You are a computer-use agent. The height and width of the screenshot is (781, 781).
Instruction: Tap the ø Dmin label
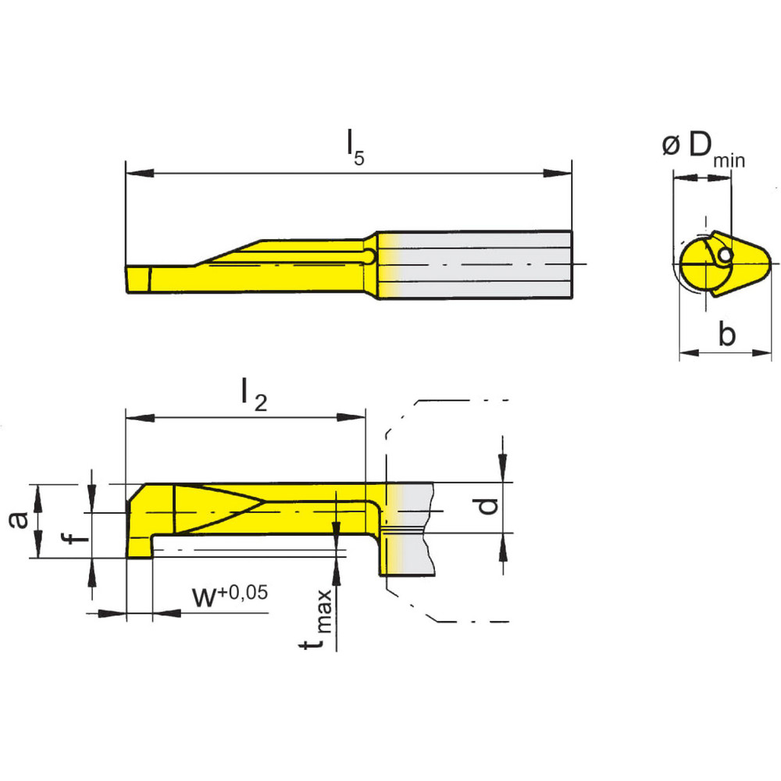703,148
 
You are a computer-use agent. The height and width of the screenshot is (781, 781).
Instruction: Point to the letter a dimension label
19,519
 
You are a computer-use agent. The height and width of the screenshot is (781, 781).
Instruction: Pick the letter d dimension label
487,507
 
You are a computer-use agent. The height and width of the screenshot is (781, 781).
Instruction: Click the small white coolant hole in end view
726,255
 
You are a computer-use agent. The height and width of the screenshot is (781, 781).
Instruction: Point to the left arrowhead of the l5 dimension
134,173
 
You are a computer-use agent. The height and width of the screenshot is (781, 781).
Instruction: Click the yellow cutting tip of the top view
138,277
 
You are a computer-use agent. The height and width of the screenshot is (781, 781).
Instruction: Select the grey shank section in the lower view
414,527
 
